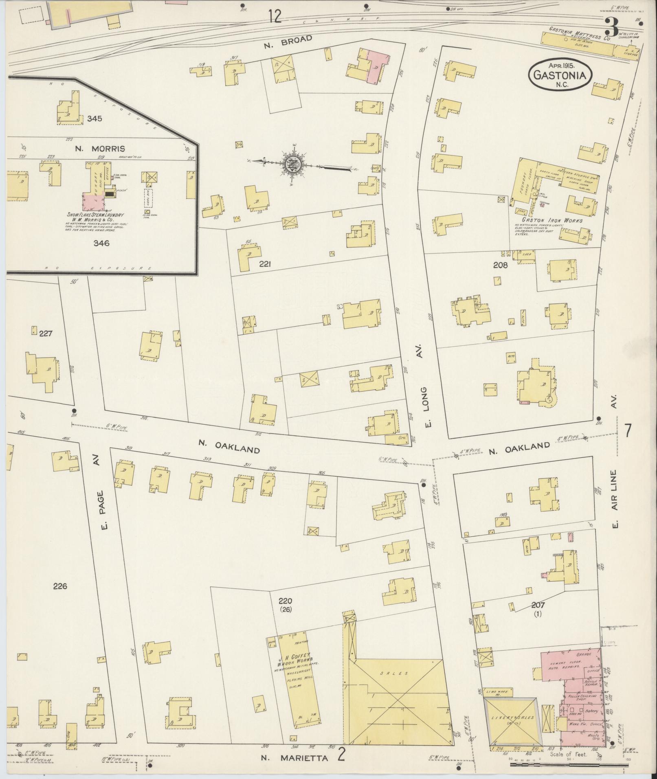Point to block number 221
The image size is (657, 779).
click(x=265, y=264)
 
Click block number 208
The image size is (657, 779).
click(x=500, y=265)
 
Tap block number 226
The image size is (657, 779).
click(x=60, y=586)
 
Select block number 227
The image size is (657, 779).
click(x=46, y=333)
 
